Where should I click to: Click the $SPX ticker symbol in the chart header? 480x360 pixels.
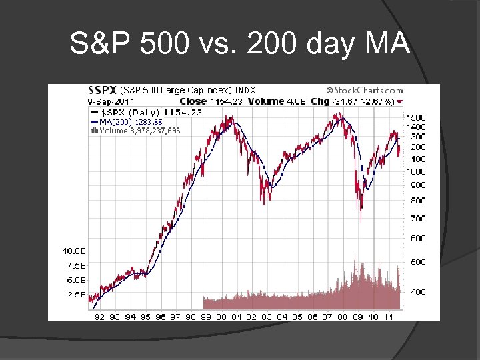(x=103, y=90)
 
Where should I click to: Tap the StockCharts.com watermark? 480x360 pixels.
(x=365, y=90)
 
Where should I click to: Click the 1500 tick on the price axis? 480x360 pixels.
(x=417, y=118)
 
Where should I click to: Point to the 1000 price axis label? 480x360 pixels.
(x=417, y=171)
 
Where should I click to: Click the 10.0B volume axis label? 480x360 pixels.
(x=75, y=251)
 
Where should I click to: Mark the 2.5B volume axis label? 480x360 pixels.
(x=75, y=294)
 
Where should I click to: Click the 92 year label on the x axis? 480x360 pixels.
(x=99, y=317)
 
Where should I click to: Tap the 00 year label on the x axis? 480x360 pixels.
(x=221, y=317)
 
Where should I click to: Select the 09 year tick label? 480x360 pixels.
(x=358, y=317)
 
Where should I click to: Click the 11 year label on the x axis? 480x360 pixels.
(x=389, y=317)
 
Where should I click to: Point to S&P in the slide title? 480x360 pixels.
(x=99, y=45)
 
